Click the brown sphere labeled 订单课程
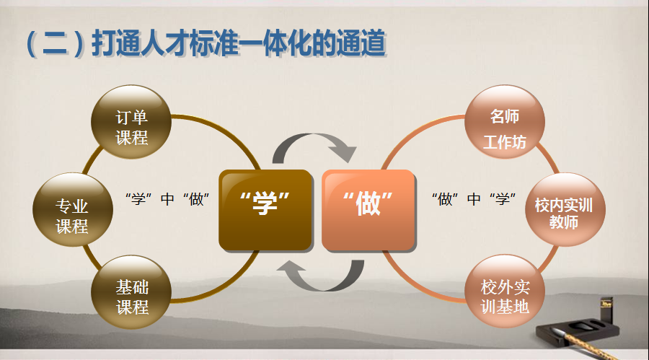pyautogui.click(x=131, y=122)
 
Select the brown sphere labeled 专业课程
pyautogui.click(x=73, y=210)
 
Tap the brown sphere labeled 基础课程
pyautogui.click(x=131, y=292)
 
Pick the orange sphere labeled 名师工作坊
pyautogui.click(x=505, y=122)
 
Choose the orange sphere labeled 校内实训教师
pyautogui.click(x=565, y=210)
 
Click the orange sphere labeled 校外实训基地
pyautogui.click(x=505, y=291)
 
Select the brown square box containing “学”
pyautogui.click(x=265, y=211)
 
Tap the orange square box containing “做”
pyautogui.click(x=368, y=211)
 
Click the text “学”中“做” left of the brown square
pyautogui.click(x=167, y=199)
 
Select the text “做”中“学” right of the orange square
pyautogui.click(x=474, y=199)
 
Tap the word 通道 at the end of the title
pyautogui.click(x=361, y=43)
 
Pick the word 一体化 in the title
pyautogui.click(x=287, y=43)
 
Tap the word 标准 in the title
pyautogui.click(x=213, y=43)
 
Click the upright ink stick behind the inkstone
pyautogui.click(x=606, y=309)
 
